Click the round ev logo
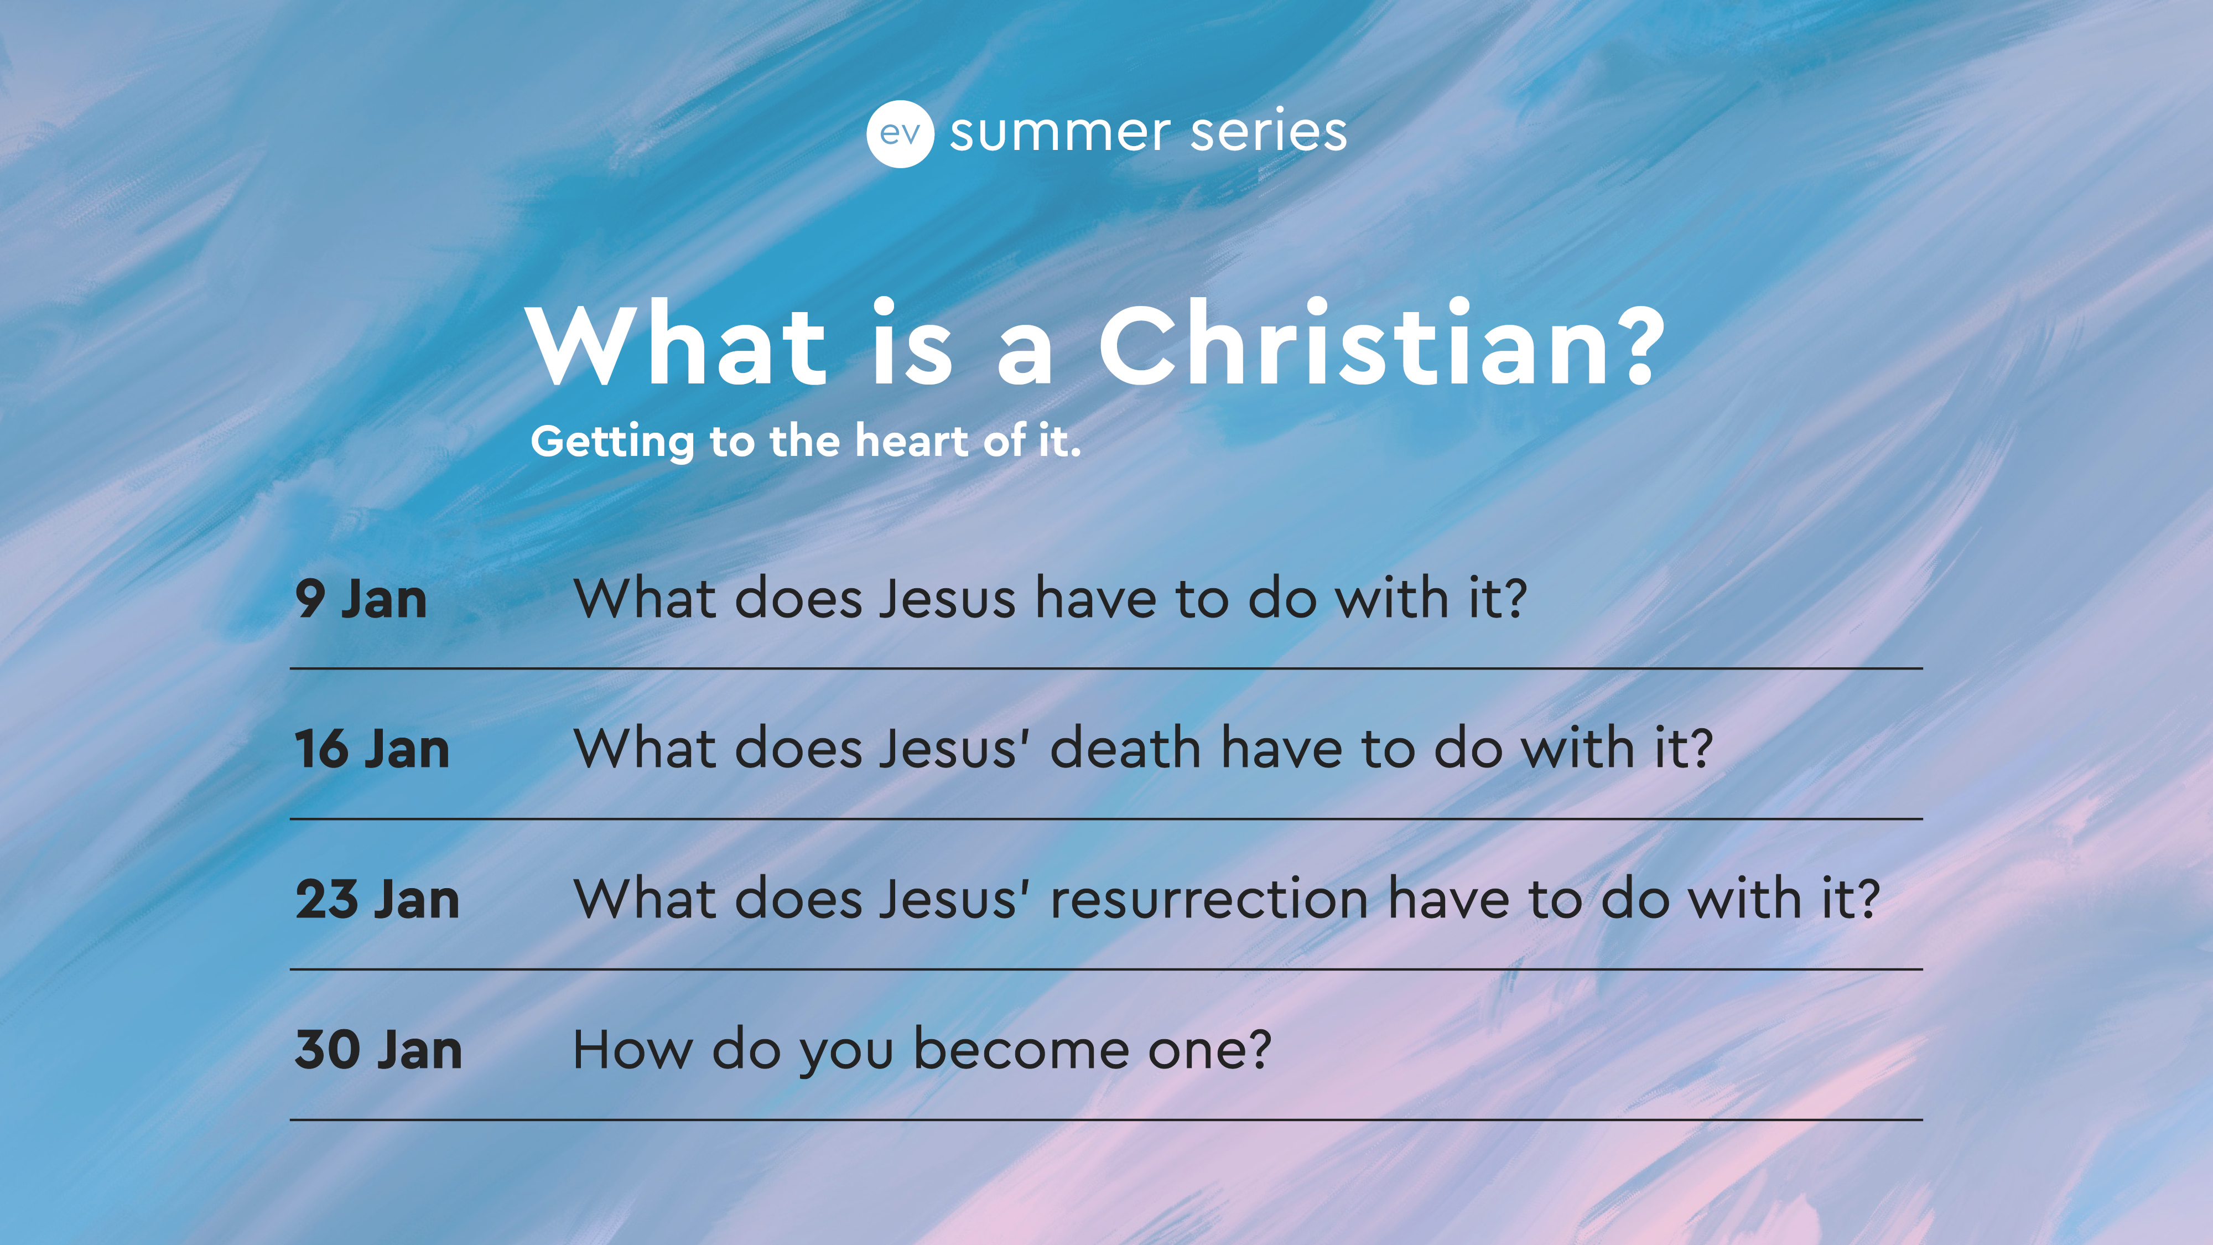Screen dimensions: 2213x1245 click(x=900, y=133)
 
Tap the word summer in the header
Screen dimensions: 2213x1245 click(x=1060, y=133)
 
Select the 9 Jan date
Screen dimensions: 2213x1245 click(x=361, y=599)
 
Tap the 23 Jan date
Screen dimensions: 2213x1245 click(x=377, y=900)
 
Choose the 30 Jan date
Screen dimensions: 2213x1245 click(x=378, y=1050)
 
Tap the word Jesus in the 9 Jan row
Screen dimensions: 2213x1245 click(x=948, y=598)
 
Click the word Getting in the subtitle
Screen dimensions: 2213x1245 click(x=612, y=443)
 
